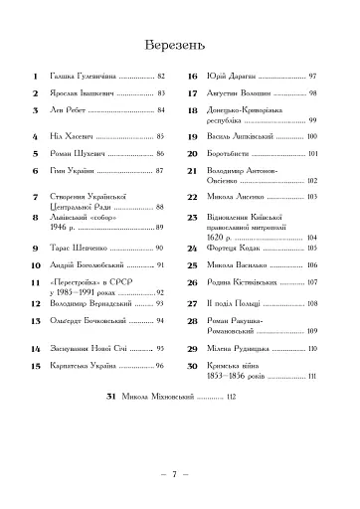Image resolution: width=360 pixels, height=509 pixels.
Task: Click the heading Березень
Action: [x=180, y=45]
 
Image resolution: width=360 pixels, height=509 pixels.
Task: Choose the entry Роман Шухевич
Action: [x=82, y=155]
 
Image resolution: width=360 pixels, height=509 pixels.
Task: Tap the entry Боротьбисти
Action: [x=239, y=154]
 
